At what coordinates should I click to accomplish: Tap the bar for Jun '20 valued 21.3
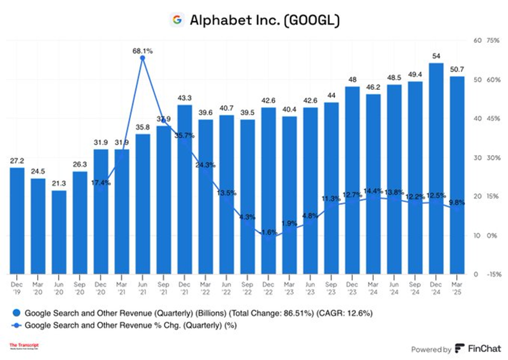[x=59, y=232]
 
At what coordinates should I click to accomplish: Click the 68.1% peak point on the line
[x=142, y=58]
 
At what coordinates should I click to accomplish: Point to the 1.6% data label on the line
[x=270, y=232]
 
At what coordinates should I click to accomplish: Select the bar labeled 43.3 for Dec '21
[x=184, y=189]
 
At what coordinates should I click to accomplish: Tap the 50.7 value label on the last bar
[x=456, y=70]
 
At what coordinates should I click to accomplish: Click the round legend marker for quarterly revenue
[x=16, y=314]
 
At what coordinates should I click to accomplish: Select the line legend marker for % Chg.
[x=16, y=326]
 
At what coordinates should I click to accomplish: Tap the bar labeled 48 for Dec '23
[x=352, y=180]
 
